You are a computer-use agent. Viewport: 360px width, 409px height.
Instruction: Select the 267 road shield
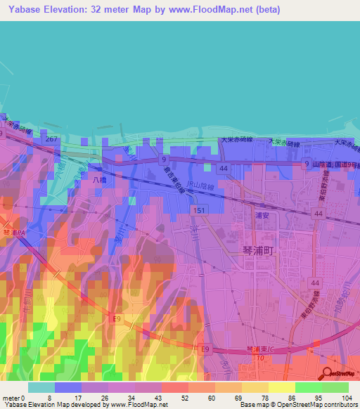pyautogui.click(x=50, y=140)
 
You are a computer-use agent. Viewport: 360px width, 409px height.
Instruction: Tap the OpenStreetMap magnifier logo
pyautogui.click(x=328, y=374)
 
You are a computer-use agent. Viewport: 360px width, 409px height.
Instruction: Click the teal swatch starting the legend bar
pyautogui.click(x=41, y=387)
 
